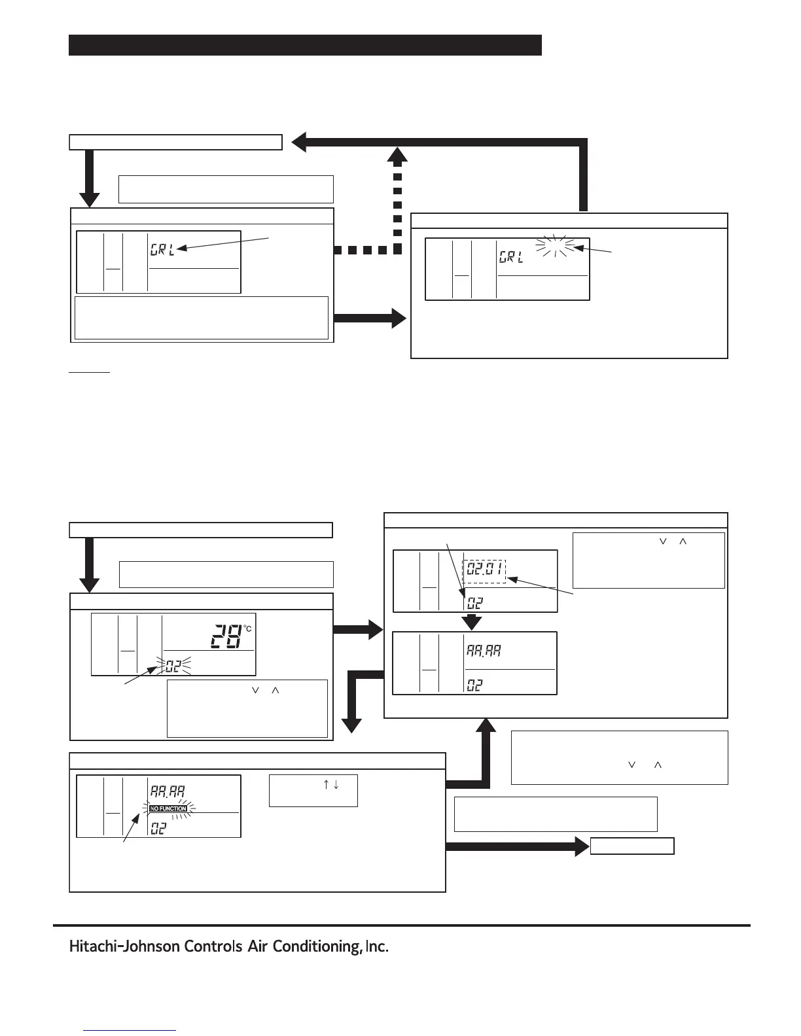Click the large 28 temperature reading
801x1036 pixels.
(x=226, y=636)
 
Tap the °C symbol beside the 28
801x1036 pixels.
(x=247, y=629)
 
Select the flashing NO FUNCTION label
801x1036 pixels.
(x=168, y=809)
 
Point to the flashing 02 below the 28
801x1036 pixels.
(x=171, y=666)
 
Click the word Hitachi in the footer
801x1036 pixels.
(x=92, y=947)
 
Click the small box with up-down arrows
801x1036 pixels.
(x=313, y=791)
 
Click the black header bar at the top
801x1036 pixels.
(x=305, y=45)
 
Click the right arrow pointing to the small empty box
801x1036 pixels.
(x=517, y=846)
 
